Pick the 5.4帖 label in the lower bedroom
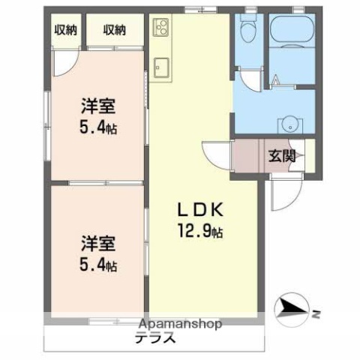click(x=97, y=265)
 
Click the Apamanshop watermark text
click(x=180, y=325)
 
